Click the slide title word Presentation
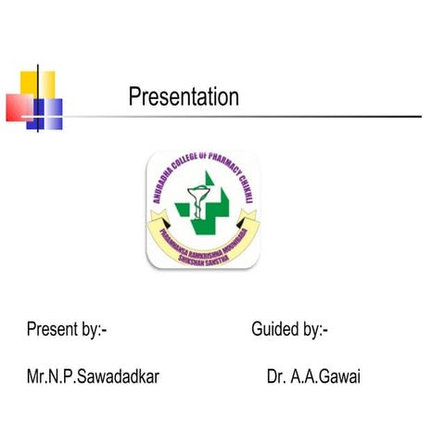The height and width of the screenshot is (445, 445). click(184, 97)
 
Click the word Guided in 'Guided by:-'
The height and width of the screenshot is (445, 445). click(274, 329)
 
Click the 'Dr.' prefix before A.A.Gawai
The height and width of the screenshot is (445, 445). click(275, 377)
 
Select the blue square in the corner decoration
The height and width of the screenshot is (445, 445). click(48, 113)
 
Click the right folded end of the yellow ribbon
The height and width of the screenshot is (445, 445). click(248, 221)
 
